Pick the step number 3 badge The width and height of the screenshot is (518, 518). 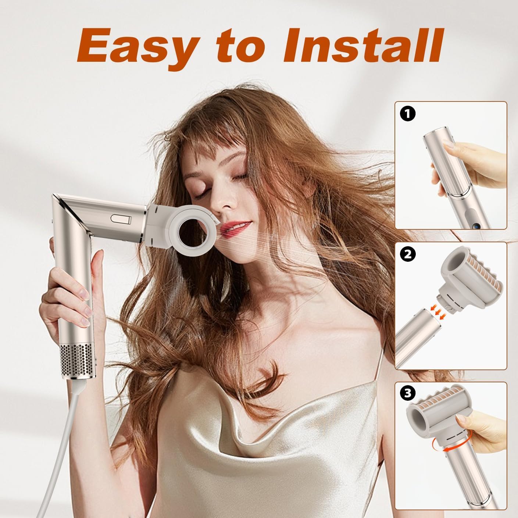pyautogui.click(x=407, y=394)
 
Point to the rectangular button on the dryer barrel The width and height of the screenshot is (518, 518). pyautogui.click(x=121, y=219)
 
